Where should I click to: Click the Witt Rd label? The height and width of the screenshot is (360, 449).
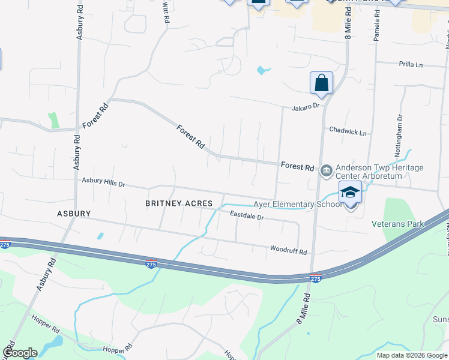tap(166, 11)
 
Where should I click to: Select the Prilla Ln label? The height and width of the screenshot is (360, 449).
tap(411, 64)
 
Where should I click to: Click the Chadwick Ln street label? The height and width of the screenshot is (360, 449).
tap(347, 131)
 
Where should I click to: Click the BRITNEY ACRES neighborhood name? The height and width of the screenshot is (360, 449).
tap(178, 203)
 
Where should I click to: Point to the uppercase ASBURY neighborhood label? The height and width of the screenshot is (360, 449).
tap(74, 213)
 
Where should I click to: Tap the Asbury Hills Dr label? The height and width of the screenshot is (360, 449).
tap(103, 181)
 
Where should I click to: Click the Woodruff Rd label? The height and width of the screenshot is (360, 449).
tap(288, 250)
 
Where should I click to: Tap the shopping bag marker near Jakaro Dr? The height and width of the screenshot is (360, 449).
tap(321, 83)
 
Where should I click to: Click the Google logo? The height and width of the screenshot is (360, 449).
tap(19, 353)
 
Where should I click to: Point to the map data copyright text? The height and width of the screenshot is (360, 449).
tap(412, 355)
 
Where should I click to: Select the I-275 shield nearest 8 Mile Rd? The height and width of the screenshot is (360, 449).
tap(315, 278)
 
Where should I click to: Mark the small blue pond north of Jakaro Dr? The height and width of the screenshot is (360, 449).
tap(262, 70)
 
